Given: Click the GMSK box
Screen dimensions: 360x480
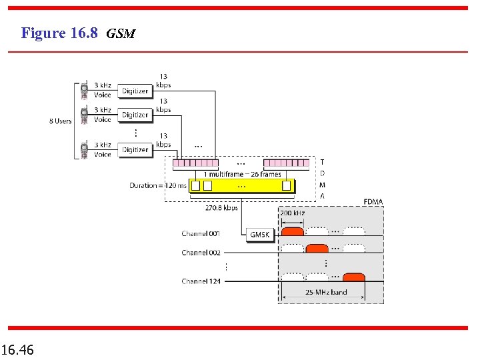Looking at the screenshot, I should tap(259, 235).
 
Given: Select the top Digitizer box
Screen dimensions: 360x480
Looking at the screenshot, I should tap(135, 91).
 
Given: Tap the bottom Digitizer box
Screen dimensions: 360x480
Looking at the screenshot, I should tap(135, 149).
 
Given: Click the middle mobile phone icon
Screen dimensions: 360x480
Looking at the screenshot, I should tap(85, 115).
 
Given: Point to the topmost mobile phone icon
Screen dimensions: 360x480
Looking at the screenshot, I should tap(85, 90).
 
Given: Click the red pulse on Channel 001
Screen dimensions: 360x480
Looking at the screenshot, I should tap(292, 231).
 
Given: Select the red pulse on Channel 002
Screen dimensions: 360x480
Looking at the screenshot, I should tap(317, 249).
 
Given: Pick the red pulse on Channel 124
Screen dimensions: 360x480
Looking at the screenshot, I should tap(353, 277).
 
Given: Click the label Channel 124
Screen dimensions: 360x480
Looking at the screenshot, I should tap(201, 281).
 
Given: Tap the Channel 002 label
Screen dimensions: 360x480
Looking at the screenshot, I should tap(201, 253).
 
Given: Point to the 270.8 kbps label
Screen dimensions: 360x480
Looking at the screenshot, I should tap(221, 208).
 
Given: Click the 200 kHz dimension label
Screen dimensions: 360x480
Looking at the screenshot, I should tap(293, 213).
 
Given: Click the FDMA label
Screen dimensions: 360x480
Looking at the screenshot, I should tap(373, 201).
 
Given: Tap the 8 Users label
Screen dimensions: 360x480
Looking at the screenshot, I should tap(60, 121).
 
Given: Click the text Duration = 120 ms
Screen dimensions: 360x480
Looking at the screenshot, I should tap(158, 185).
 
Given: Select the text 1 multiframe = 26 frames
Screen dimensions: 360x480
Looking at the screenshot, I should tap(242, 174).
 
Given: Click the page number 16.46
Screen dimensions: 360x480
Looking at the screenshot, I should tap(18, 349).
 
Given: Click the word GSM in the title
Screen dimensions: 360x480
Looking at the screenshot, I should tap(121, 33).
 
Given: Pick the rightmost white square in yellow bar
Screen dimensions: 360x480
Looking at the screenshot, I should tap(287, 185).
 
